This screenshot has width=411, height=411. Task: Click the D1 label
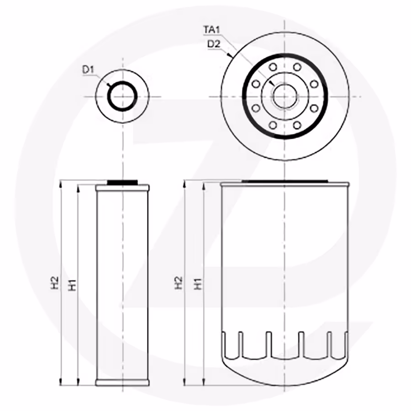pyautogui.click(x=88, y=70)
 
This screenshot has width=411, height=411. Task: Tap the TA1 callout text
pyautogui.click(x=211, y=30)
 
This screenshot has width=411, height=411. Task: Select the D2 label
pyautogui.click(x=214, y=44)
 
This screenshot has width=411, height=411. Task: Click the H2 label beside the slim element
pyautogui.click(x=54, y=283)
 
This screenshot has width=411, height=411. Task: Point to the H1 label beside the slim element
pyautogui.click(x=72, y=285)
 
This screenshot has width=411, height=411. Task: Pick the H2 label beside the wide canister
pyautogui.click(x=179, y=283)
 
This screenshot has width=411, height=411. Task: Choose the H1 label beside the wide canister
pyautogui.click(x=198, y=284)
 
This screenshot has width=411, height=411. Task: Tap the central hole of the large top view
pyautogui.click(x=285, y=96)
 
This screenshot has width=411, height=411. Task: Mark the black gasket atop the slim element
pyautogui.click(x=122, y=182)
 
